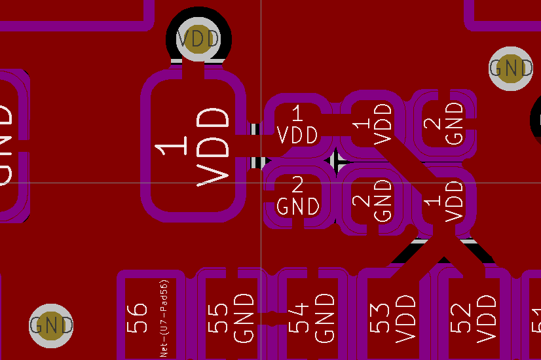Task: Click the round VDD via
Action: (199, 39)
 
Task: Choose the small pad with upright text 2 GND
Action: (298, 197)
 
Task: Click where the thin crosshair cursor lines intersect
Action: (261, 182)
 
